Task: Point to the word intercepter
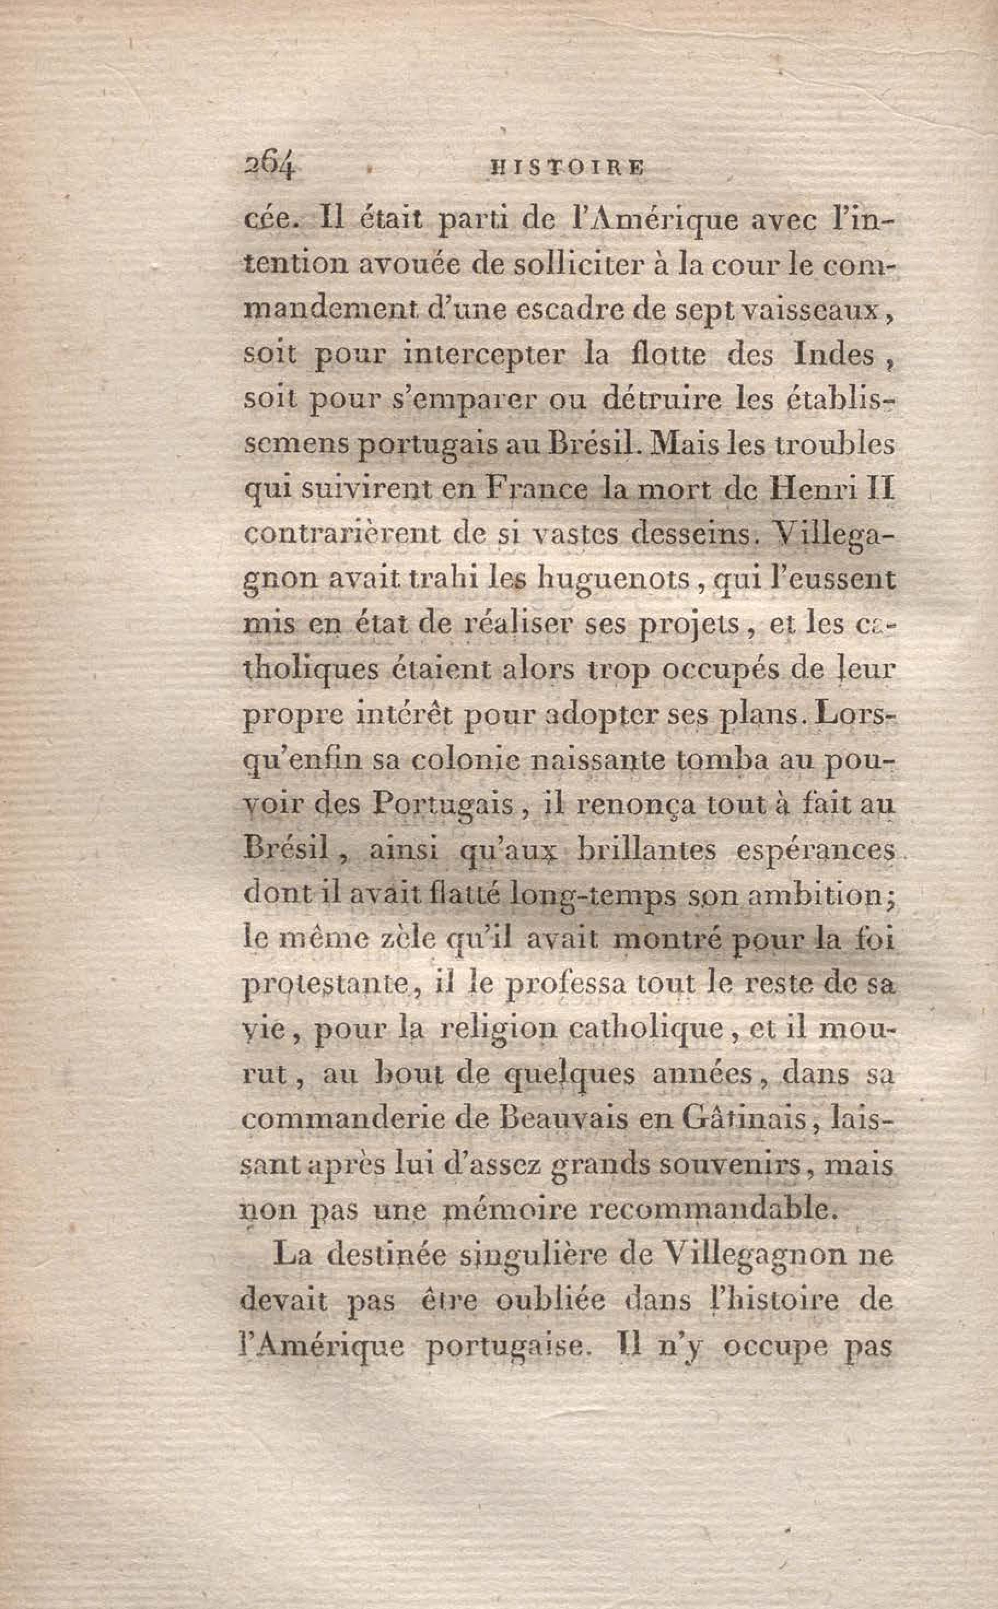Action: [485, 356]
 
